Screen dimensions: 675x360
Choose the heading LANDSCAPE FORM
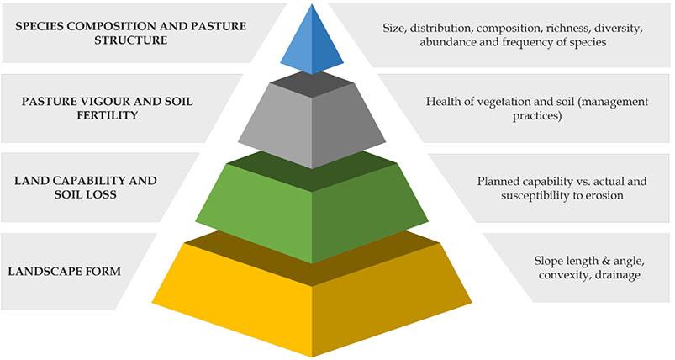pyautogui.click(x=64, y=272)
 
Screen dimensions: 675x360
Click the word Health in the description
pyautogui.click(x=445, y=102)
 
